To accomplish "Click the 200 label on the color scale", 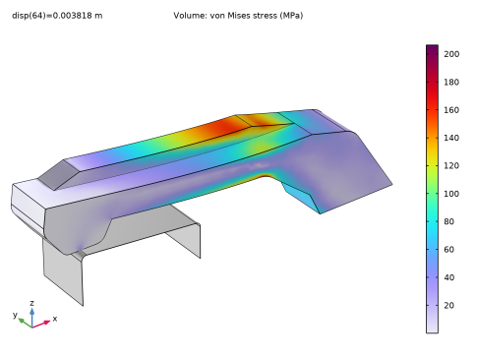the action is coord(451,54).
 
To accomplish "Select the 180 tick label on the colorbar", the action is coord(451,82).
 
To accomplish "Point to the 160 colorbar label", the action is coord(451,110).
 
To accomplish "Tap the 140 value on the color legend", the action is coord(451,138).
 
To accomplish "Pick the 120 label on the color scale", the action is coord(451,166).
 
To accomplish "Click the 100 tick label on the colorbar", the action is coord(451,194).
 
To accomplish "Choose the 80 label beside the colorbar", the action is coord(449,221).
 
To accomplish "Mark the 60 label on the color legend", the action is coord(449,250).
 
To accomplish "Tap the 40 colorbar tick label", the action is coord(449,277).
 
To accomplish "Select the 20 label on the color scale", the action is coord(449,306).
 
